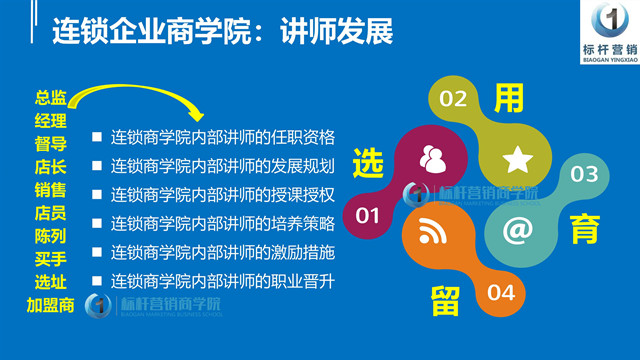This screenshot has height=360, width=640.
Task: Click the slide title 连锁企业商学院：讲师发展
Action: click(222, 32)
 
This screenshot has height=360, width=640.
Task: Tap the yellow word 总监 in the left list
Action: click(51, 98)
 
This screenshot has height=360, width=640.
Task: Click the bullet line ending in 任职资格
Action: click(222, 136)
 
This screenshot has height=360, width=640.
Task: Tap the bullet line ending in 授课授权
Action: click(222, 193)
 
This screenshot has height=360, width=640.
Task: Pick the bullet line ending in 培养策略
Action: click(222, 222)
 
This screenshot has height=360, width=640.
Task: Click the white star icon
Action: click(517, 159)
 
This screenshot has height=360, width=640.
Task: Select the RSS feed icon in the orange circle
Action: click(432, 232)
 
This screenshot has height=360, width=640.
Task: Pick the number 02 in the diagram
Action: click(454, 99)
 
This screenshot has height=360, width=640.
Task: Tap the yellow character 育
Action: click(586, 232)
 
